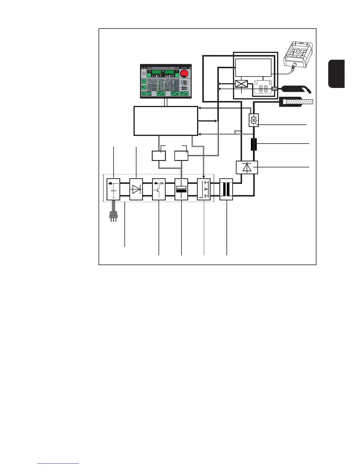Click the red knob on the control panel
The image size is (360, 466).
[x=184, y=74]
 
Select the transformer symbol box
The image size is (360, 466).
[x=226, y=189]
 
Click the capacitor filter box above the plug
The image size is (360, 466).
[x=113, y=189]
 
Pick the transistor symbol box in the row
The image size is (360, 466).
[x=159, y=189]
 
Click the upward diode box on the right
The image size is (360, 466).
[x=247, y=167]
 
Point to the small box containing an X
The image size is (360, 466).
[x=254, y=120]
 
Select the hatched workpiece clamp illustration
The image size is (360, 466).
[x=296, y=102]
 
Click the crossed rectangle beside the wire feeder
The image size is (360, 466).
[x=242, y=84]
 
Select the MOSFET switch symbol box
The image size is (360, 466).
[x=204, y=189]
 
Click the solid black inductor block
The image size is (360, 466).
[x=254, y=144]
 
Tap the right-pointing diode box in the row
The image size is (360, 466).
[x=136, y=189]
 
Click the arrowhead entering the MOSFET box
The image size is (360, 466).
[x=204, y=177]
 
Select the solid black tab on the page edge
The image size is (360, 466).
[x=336, y=74]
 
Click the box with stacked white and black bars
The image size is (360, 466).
[x=181, y=189]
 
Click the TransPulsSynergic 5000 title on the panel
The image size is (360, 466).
[x=163, y=68]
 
